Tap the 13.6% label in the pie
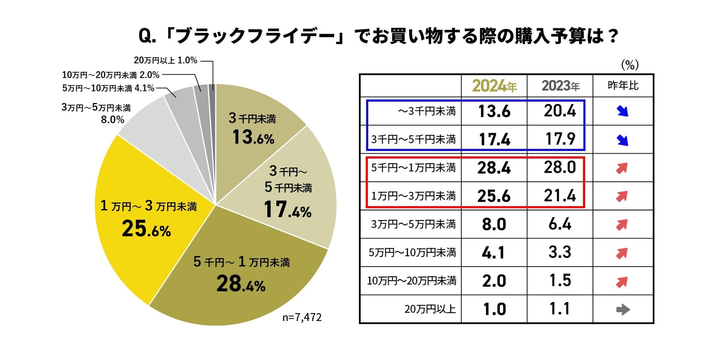253,137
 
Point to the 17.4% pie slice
288,199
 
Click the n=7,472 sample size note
302,318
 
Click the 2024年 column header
494,86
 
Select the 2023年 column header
560,86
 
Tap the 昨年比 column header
623,86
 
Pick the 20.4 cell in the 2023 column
560,111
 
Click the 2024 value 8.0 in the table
494,224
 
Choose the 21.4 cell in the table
560,196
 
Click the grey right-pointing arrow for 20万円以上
623,309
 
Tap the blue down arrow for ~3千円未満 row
623,111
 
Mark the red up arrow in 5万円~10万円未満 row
622,253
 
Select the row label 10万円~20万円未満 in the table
411,281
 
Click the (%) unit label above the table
630,65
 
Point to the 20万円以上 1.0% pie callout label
165,60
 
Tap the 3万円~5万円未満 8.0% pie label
97,113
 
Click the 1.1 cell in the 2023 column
560,309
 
